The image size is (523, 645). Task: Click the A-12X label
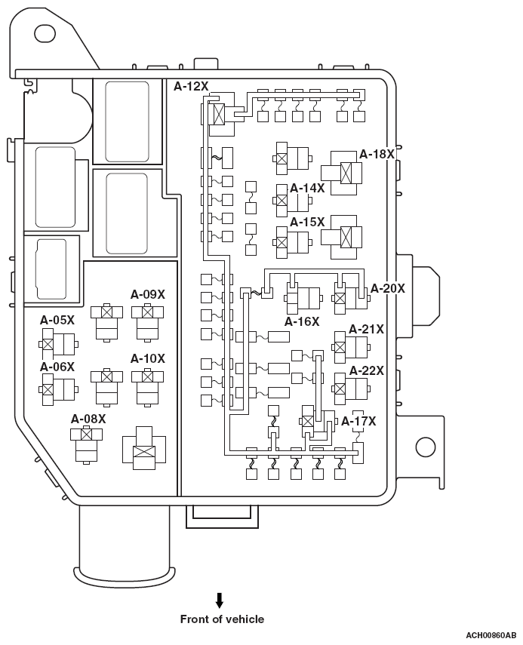191,87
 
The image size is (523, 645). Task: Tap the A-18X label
377,154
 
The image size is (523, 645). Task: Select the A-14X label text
307,188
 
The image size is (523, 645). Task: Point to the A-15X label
307,222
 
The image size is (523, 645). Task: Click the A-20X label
388,288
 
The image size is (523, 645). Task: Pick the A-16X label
302,321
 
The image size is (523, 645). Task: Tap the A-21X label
366,330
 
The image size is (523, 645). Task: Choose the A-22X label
367,370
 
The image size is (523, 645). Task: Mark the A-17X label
358,421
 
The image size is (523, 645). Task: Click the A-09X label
148,294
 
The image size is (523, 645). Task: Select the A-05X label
57,320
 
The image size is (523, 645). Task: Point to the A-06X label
57,367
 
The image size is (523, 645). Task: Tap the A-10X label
148,358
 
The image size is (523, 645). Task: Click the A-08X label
88,419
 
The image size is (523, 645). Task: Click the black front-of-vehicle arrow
220,600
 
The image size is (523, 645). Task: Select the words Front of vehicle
222,619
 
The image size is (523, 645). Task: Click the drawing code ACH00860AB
491,636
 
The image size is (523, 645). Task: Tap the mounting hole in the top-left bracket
45,33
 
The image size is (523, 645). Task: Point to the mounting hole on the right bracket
426,447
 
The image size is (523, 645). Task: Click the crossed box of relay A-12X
219,114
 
